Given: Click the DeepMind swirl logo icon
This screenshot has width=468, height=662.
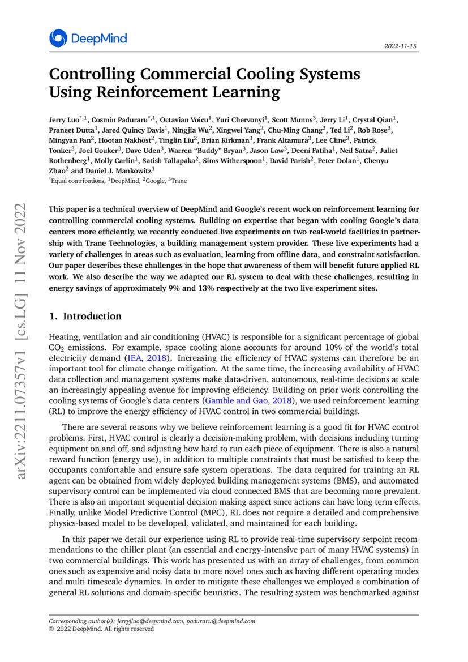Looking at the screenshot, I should click(x=58, y=39).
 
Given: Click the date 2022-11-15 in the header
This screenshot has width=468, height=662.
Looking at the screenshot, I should click(x=401, y=45).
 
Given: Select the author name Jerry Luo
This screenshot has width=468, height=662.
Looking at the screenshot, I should click(x=64, y=120).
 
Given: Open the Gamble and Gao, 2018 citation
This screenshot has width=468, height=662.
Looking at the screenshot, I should click(x=239, y=401).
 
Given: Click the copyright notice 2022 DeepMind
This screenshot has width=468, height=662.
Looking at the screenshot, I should click(x=102, y=629).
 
